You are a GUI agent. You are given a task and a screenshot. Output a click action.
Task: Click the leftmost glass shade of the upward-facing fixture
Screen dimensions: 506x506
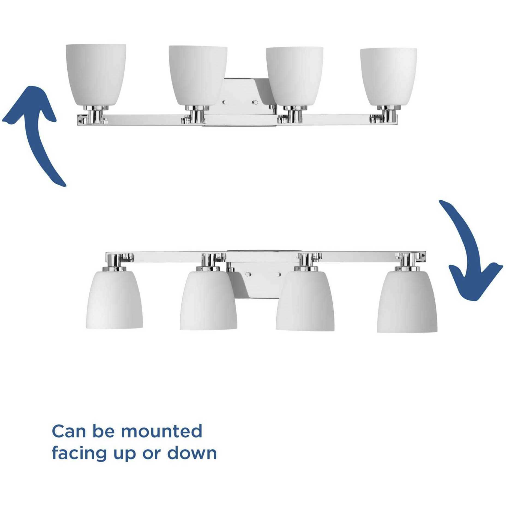click(96, 74)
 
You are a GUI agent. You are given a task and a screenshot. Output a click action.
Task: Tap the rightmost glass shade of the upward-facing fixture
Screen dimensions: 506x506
click(388, 76)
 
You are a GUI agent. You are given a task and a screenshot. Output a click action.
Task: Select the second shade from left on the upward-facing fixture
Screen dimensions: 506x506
click(198, 75)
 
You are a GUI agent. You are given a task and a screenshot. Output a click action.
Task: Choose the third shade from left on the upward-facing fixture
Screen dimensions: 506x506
click(294, 76)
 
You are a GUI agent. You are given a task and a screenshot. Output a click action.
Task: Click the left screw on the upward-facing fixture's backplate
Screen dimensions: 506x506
click(224, 102)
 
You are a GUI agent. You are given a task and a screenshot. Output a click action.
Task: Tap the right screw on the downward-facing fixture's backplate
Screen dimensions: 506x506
click(279, 273)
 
